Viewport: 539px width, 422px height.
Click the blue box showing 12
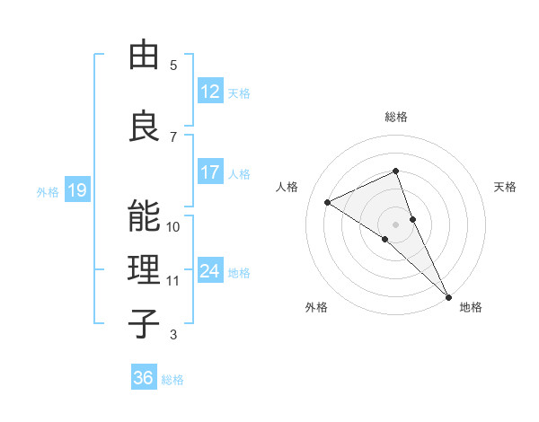pyautogui.click(x=210, y=92)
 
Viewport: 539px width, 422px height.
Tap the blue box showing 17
pyautogui.click(x=210, y=172)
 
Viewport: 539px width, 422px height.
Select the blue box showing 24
pyautogui.click(x=210, y=271)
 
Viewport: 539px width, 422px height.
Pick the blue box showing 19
pyautogui.click(x=76, y=190)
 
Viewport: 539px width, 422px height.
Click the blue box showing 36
pyautogui.click(x=144, y=378)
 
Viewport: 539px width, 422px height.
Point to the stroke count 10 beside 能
pyautogui.click(x=173, y=227)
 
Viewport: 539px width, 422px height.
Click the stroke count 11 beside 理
pyautogui.click(x=173, y=281)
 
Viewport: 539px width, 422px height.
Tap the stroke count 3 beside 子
pyautogui.click(x=172, y=335)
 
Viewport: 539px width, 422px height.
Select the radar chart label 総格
pyautogui.click(x=395, y=117)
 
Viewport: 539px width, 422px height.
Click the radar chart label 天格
pyautogui.click(x=505, y=187)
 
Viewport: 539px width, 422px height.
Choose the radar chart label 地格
pyautogui.click(x=471, y=308)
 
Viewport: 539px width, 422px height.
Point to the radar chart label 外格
pyautogui.click(x=316, y=308)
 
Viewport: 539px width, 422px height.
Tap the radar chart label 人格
pyautogui.click(x=287, y=187)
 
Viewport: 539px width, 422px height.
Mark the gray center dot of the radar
pyautogui.click(x=395, y=224)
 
